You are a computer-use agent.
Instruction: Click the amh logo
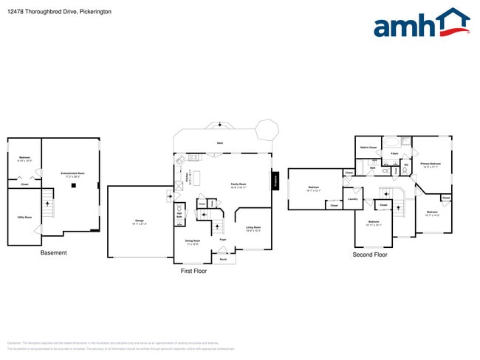[x=421, y=24]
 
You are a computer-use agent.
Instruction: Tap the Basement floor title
[x=53, y=253]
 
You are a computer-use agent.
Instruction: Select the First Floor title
[x=193, y=271]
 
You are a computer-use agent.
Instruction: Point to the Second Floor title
[x=370, y=255]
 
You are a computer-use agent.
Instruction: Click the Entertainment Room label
[x=72, y=174]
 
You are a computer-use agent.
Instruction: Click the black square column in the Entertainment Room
[x=73, y=185]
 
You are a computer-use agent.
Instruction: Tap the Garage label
[x=139, y=221]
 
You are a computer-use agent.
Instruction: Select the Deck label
[x=220, y=142]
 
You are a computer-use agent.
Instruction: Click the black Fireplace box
[x=275, y=180]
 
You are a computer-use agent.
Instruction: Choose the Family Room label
[x=239, y=185]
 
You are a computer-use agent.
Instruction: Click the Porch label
[x=222, y=260]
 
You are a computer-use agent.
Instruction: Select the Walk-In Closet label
[x=369, y=148]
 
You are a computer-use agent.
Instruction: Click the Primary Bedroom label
[x=430, y=165]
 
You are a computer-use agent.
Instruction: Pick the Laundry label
[x=352, y=198]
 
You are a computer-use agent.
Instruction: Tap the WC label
[x=406, y=165]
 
